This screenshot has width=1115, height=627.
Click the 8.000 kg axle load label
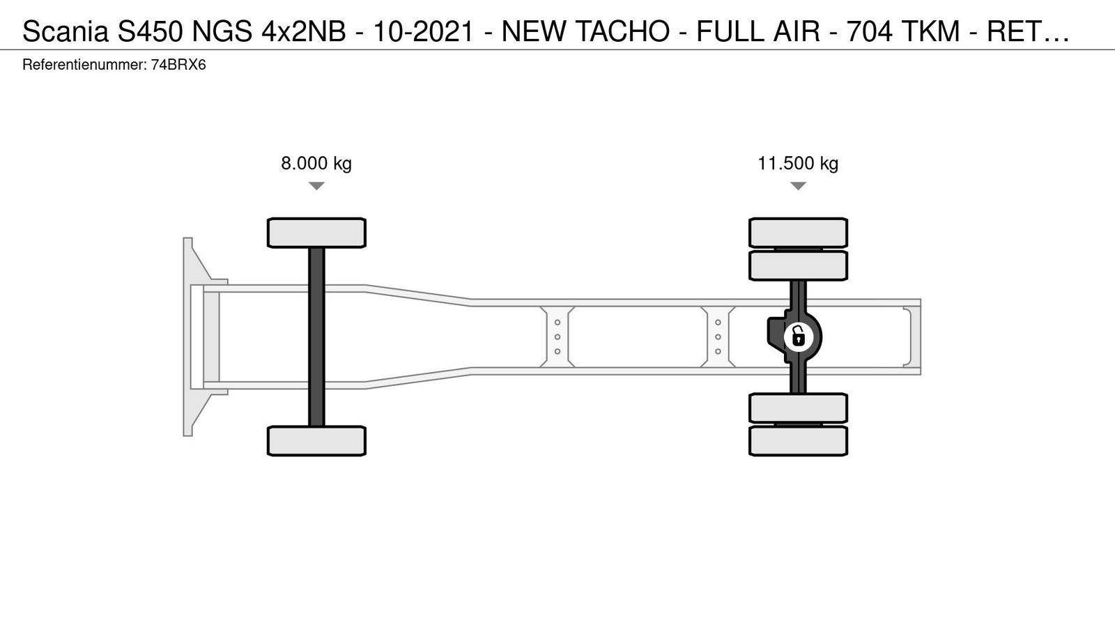(316, 163)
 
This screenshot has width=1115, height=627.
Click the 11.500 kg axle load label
(798, 163)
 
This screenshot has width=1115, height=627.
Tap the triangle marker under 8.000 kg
(316, 185)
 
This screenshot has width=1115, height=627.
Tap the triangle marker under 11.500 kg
(798, 185)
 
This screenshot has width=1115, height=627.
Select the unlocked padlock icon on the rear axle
(798, 337)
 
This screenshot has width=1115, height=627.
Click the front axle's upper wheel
(316, 233)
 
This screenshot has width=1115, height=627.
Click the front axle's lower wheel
(316, 441)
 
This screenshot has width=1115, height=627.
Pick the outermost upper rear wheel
(798, 233)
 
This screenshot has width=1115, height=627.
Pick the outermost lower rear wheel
(798, 441)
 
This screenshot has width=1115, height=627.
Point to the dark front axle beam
(316, 337)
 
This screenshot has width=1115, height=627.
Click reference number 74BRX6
(178, 65)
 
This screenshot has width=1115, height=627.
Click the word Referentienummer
(84, 65)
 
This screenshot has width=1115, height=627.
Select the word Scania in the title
(66, 32)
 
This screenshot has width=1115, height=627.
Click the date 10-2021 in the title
(423, 32)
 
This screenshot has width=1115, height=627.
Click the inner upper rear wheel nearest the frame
(798, 265)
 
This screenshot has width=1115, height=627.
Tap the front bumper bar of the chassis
(187, 337)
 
